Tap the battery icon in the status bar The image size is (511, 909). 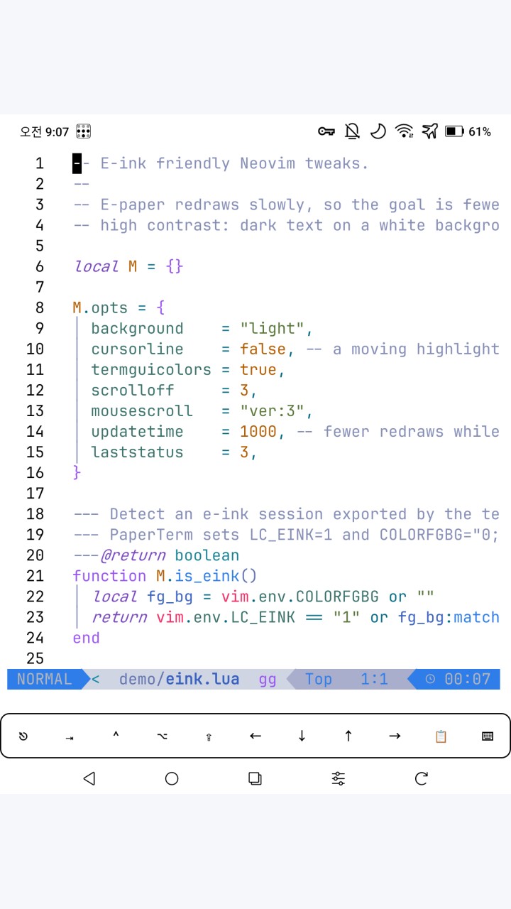455,131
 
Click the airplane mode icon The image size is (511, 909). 430,131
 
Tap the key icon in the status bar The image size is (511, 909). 326,131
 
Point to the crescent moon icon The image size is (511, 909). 378,131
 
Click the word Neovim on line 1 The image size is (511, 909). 268,163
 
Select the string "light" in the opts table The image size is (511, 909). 272,328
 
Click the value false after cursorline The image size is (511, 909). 263,349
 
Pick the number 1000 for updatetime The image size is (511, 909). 258,431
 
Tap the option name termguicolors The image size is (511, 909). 151,370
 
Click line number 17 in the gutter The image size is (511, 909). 35,494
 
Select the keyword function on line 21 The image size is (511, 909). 109,576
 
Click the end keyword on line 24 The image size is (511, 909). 87,638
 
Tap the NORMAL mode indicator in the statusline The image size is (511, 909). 45,680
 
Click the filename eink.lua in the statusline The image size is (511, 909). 202,680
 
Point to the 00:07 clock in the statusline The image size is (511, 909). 468,680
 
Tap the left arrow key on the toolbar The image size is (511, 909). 255,736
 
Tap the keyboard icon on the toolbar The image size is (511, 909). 488,736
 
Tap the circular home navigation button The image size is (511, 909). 172,779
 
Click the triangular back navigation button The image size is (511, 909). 89,779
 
